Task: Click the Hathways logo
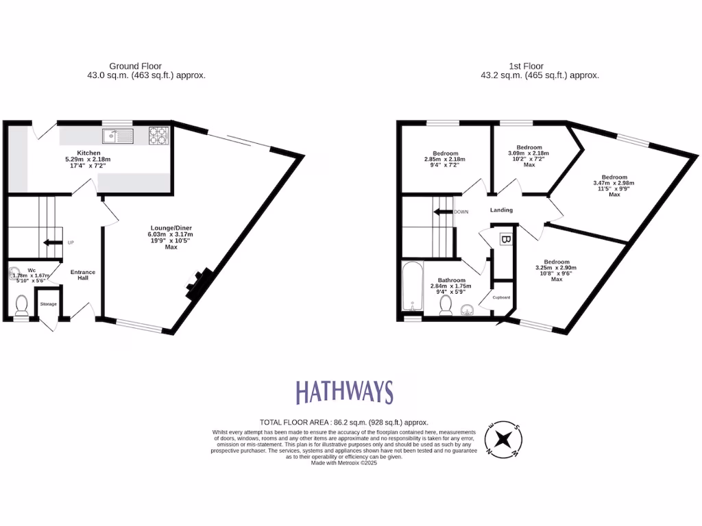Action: (x=345, y=392)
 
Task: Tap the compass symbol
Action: (x=505, y=438)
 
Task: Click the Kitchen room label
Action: (x=89, y=153)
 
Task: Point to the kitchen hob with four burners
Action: (x=158, y=137)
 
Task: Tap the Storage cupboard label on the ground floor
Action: (x=48, y=303)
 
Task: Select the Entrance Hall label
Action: (x=83, y=275)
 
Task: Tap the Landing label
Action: (x=501, y=210)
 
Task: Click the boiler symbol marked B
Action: (x=505, y=240)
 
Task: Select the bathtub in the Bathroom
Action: (x=411, y=287)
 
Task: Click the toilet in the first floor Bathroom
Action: (x=446, y=304)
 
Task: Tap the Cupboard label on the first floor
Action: (x=503, y=297)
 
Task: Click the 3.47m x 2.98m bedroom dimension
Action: (x=614, y=183)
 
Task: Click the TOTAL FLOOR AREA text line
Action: (x=343, y=423)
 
